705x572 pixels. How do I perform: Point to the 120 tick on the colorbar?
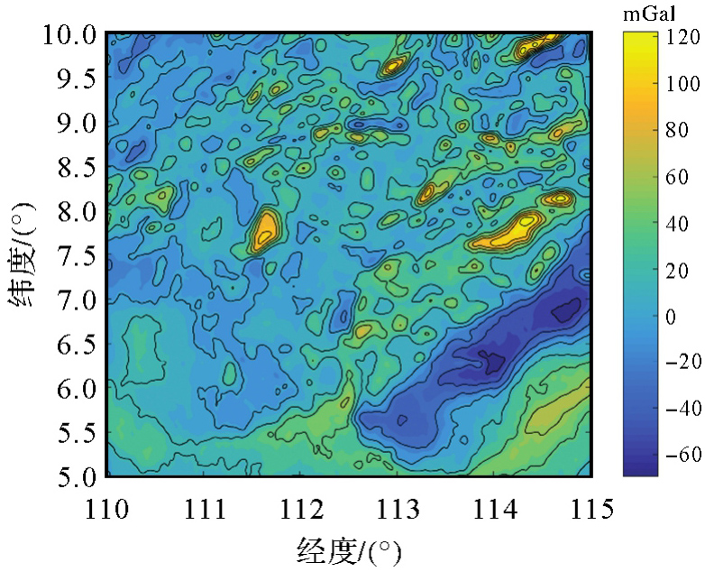[664, 38]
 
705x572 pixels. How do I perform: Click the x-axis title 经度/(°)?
[347, 548]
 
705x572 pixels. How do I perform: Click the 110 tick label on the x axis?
[106, 508]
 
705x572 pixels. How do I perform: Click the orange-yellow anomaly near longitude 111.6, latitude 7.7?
[266, 230]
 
